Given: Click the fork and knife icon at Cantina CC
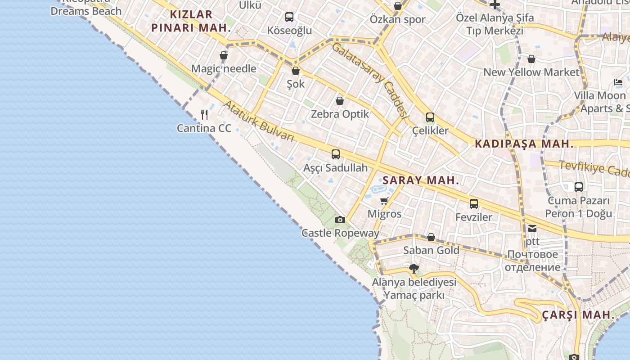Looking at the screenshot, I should pos(204,114).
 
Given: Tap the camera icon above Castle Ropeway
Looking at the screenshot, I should pos(340,220).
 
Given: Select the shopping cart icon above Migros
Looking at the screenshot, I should pos(384,201).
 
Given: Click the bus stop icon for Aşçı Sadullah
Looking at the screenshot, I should pos(336,154).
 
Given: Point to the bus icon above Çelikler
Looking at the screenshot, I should pos(430,117).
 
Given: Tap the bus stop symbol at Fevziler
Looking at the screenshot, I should pos(474,203).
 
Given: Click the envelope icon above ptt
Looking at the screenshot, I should pos(532,228).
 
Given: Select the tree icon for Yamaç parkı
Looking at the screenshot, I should pos(414,269).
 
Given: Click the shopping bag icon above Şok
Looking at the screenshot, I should pos(296,71).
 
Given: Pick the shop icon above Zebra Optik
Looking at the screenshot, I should pos(340,101).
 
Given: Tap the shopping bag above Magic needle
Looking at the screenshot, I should pos(224,55).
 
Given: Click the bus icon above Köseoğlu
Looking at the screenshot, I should pos(289,17).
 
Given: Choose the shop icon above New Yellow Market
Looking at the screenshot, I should pos(531,59).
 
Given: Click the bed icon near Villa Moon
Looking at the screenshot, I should pos(618,82).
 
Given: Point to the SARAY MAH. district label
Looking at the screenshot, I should pos(421,180).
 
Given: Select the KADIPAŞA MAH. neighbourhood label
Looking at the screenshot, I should pos(524,144).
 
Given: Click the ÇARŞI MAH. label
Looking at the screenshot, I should pos(578,315).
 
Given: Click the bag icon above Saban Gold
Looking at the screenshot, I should pos(431,237).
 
